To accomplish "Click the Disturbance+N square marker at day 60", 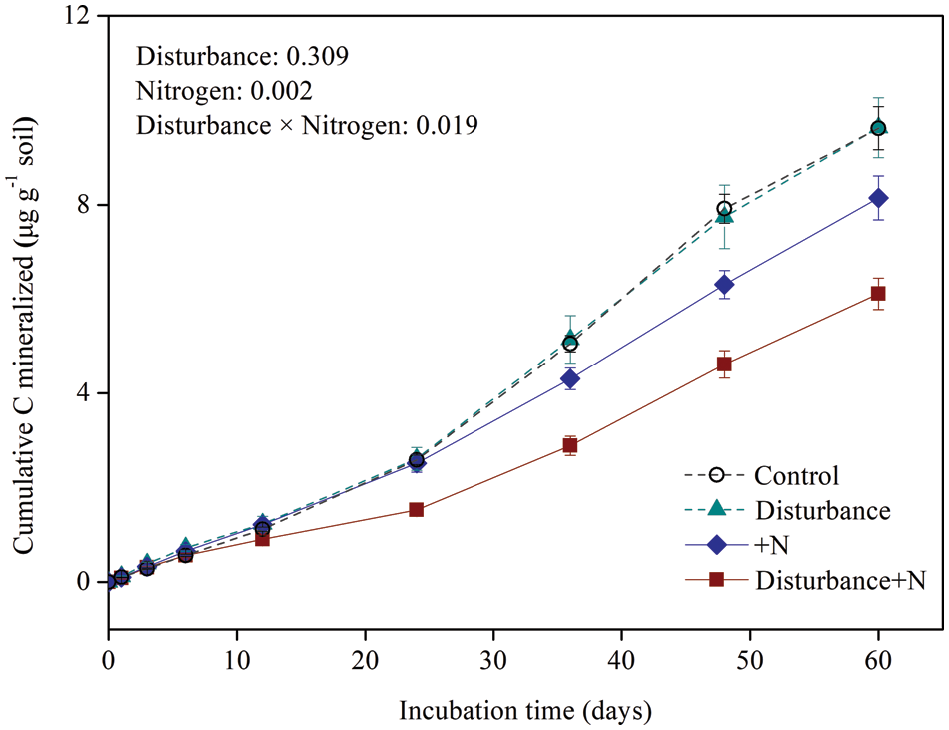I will pos(878,293).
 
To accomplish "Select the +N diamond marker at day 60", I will pos(878,198).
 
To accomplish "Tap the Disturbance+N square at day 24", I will pos(416,510).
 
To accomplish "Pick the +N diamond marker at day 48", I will pos(724,285).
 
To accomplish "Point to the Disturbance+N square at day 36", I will pos(570,445).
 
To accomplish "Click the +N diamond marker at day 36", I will pos(570,378).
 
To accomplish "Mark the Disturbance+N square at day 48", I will pos(724,365).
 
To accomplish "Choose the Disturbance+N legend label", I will pos(835,579).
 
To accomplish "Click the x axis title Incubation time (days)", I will pos(525,711).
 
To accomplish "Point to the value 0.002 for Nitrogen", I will pos(282,91).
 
